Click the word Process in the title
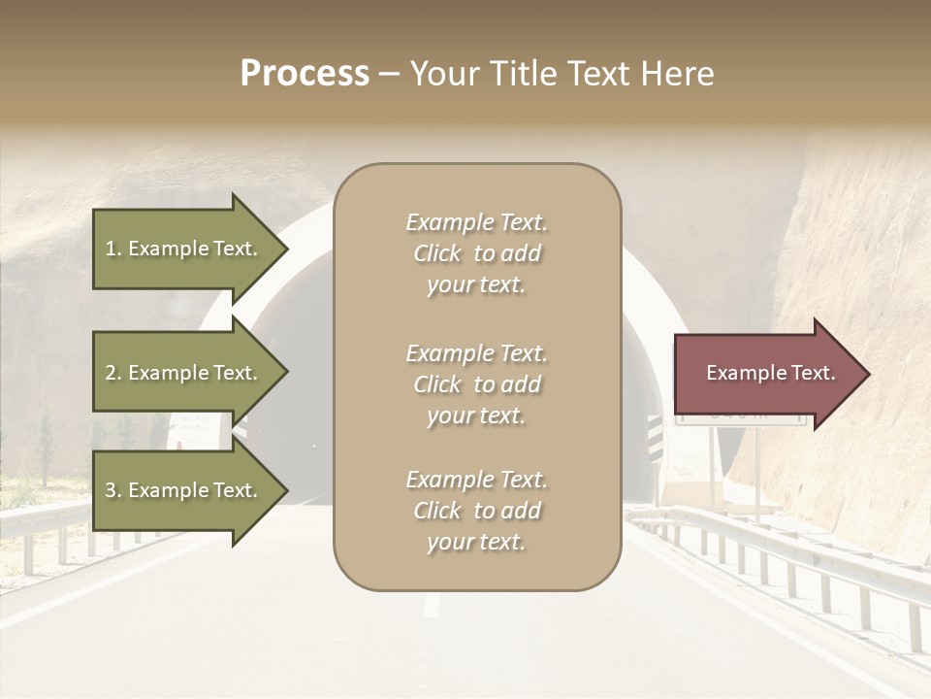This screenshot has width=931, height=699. tap(305, 74)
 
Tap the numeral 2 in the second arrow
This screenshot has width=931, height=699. tap(111, 374)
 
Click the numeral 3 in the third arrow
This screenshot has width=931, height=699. tap(111, 491)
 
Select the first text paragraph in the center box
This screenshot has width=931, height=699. tap(476, 253)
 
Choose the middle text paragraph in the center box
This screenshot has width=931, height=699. tap(476, 384)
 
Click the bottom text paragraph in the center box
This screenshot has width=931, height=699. tap(476, 511)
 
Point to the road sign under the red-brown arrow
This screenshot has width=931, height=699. tap(742, 418)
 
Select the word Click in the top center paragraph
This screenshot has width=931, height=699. tap(437, 253)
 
